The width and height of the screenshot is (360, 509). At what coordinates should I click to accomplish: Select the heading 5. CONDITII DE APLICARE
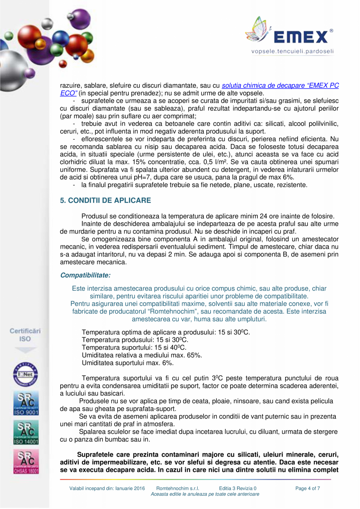tap(105, 200)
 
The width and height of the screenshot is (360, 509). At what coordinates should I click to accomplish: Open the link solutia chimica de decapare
tap(274, 86)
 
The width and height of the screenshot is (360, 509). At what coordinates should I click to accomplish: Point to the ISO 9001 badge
tap(25, 405)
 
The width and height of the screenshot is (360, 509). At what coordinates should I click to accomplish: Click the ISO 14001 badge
tap(25, 432)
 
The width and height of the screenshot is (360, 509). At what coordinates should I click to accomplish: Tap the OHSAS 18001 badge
tap(25, 462)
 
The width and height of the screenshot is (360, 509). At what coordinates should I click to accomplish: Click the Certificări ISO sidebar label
tap(25, 334)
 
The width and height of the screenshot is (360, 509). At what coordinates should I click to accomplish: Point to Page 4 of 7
tap(308, 489)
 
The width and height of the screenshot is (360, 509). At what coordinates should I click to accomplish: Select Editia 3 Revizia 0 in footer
tap(238, 489)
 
